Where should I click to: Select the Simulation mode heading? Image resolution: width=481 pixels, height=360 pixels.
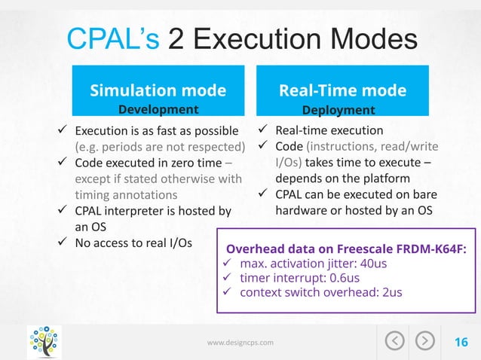coord(158,91)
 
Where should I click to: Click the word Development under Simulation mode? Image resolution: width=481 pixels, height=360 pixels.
coord(158,110)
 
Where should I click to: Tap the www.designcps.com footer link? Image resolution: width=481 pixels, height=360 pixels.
coord(240,343)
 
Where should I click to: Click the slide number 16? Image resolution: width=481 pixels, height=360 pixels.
coord(460,343)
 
